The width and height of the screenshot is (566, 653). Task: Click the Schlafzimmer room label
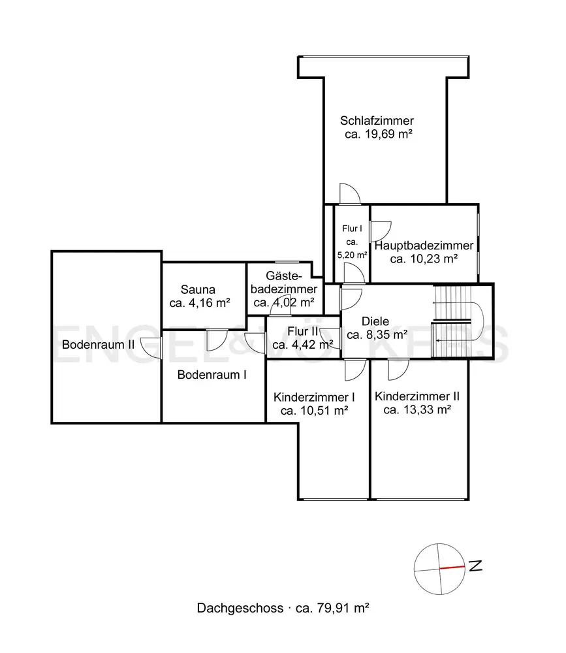point(377,121)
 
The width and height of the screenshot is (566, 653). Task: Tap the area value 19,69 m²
point(388,134)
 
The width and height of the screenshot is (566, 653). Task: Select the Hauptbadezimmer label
point(424,246)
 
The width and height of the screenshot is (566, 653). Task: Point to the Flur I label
point(352,229)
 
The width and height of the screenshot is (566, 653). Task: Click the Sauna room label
point(198,290)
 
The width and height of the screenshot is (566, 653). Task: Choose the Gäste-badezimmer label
point(283,282)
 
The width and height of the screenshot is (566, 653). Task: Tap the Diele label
point(375,321)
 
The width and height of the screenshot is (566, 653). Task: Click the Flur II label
point(303,332)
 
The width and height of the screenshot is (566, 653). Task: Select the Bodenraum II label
point(99,345)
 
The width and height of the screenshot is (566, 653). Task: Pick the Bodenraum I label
point(212,375)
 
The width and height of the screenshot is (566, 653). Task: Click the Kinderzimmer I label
point(314,397)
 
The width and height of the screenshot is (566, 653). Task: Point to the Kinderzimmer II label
point(417,396)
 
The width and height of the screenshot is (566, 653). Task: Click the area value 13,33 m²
point(428,410)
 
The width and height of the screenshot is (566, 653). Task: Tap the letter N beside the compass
point(476,566)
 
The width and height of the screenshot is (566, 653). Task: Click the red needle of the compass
point(452,567)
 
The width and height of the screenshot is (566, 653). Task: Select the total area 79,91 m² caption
point(332,608)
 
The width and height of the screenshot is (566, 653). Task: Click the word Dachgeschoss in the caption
point(240,608)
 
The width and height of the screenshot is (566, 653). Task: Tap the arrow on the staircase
point(454,340)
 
